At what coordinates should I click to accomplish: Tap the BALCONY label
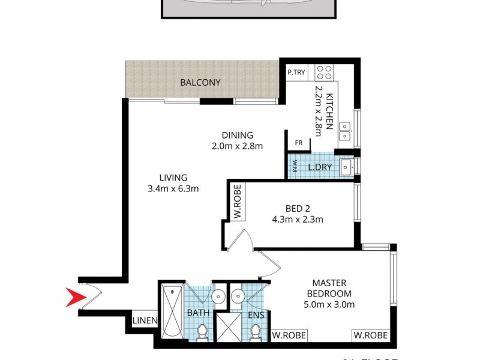(x=200, y=83)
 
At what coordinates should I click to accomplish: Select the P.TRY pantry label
(x=296, y=73)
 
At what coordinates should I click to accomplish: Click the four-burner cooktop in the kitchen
(x=325, y=73)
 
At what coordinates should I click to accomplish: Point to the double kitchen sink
(x=345, y=131)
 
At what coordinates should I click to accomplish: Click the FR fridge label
(x=298, y=143)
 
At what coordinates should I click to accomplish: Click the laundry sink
(x=346, y=166)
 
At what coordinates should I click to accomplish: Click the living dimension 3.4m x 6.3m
(x=173, y=188)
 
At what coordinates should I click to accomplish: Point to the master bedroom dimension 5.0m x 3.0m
(x=329, y=304)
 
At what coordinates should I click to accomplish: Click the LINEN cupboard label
(x=145, y=321)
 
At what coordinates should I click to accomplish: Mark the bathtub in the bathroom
(x=172, y=313)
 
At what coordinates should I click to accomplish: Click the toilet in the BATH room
(x=203, y=331)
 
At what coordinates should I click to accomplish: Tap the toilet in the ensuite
(x=256, y=331)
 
